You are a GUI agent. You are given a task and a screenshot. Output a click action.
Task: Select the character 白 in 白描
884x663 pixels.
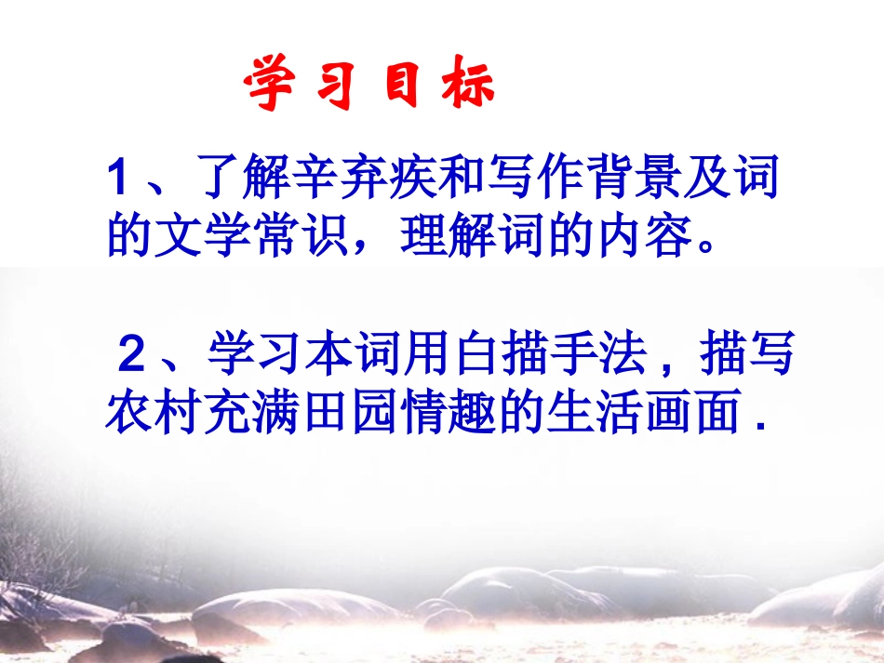click(477, 355)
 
